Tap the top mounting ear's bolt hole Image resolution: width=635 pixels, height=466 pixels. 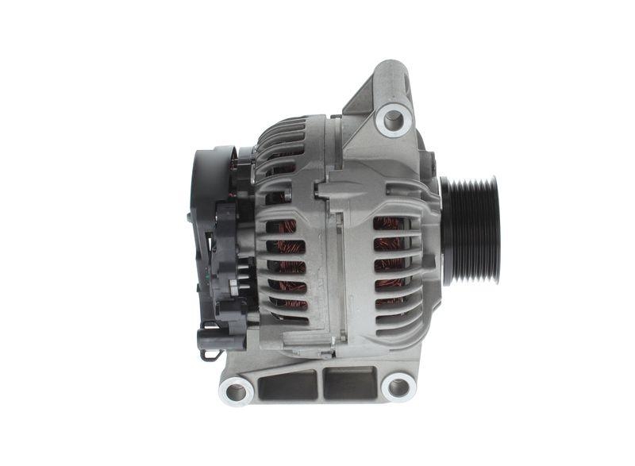(x=393, y=120)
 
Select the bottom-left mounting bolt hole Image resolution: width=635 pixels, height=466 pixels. (x=237, y=390)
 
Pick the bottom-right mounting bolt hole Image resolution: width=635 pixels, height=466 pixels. (x=397, y=387)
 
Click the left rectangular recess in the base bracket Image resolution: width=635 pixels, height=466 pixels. (x=289, y=384)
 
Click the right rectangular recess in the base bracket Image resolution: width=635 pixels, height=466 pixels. (x=348, y=384)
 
